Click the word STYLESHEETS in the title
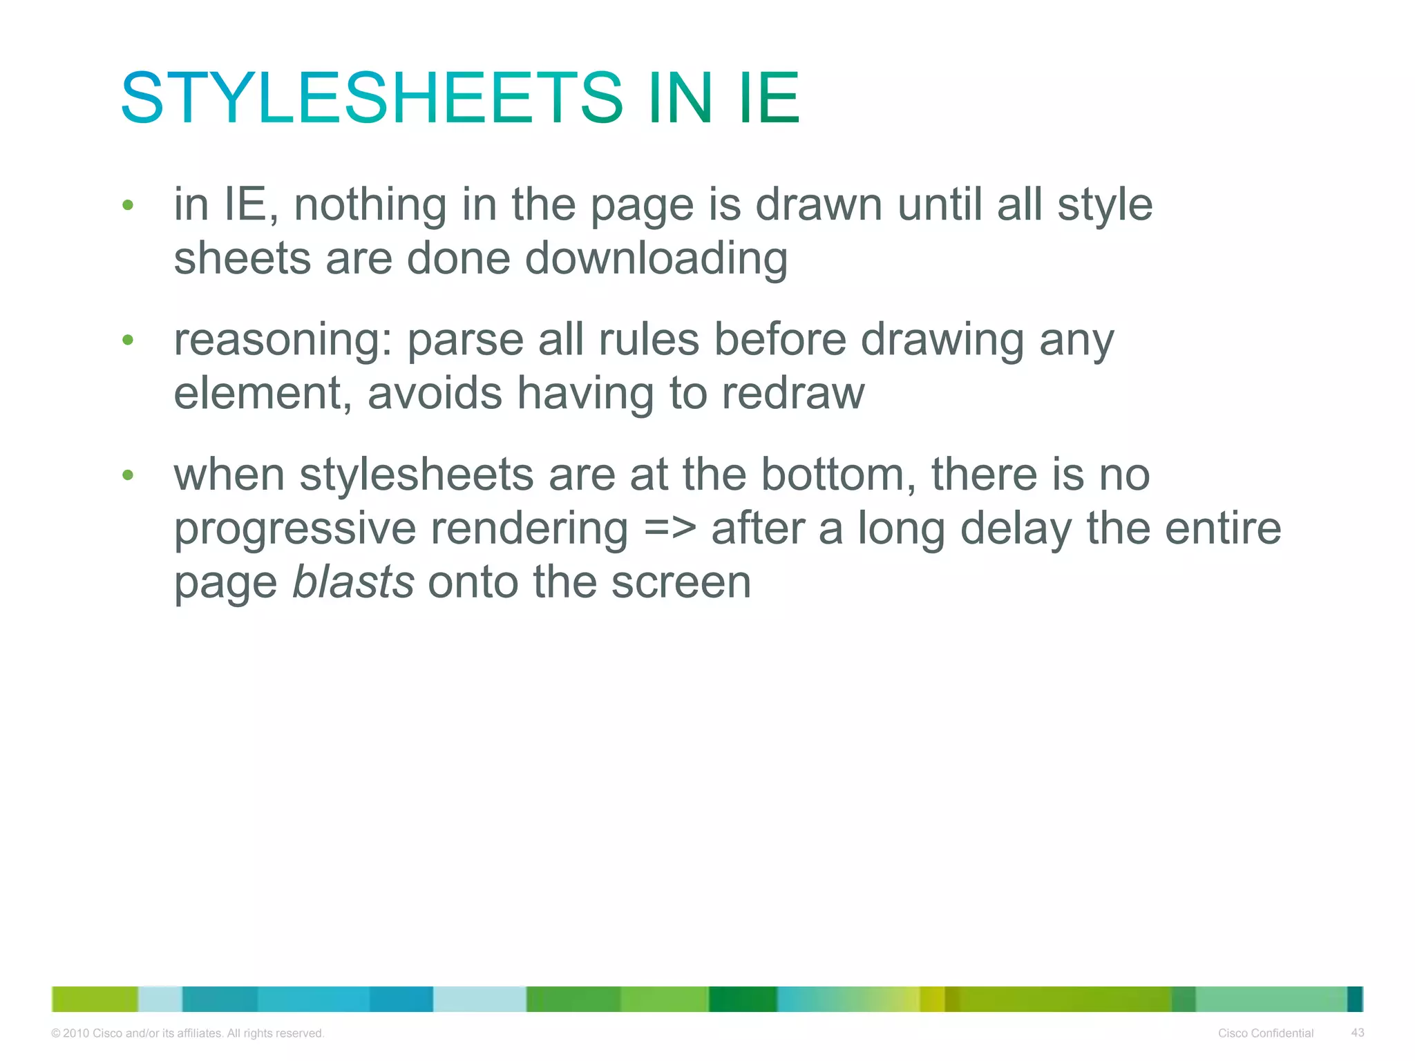pyautogui.click(x=372, y=98)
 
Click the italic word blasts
pyautogui.click(x=353, y=582)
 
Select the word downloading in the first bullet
pyautogui.click(x=656, y=259)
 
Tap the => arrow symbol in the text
pyautogui.click(x=669, y=528)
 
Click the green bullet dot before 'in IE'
pyautogui.click(x=127, y=205)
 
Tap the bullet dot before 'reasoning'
pyautogui.click(x=127, y=340)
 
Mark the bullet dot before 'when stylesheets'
pyautogui.click(x=127, y=475)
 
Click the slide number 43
pyautogui.click(x=1357, y=1033)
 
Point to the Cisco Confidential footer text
pyautogui.click(x=1265, y=1033)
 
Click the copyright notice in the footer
pyautogui.click(x=187, y=1033)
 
